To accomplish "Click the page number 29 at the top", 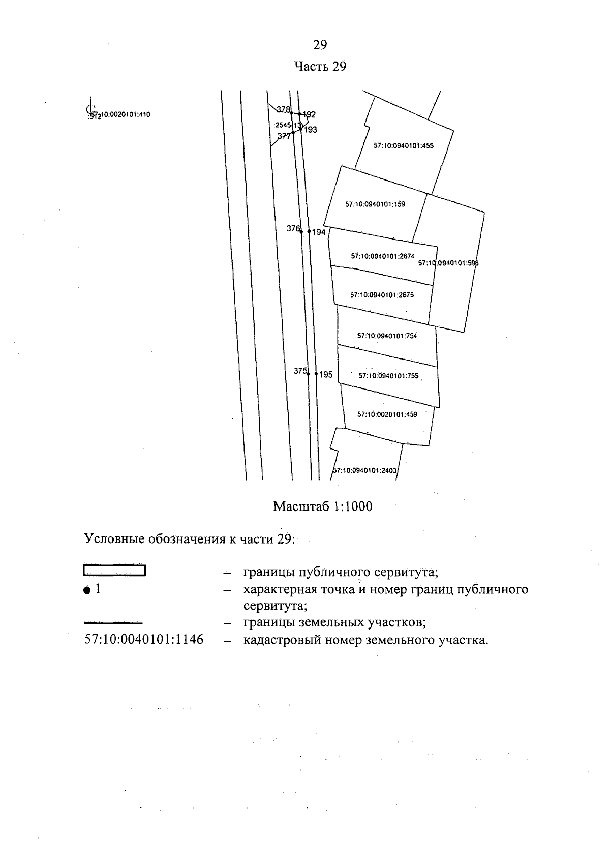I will pyautogui.click(x=320, y=45).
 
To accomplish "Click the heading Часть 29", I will pyautogui.click(x=320, y=67).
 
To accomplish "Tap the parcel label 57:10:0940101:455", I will pyautogui.click(x=404, y=145).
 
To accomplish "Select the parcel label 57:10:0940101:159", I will pyautogui.click(x=375, y=204).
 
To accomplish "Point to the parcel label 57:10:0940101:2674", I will pyautogui.click(x=383, y=256).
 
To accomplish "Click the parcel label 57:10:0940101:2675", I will pyautogui.click(x=382, y=295).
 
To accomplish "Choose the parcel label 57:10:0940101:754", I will pyautogui.click(x=387, y=336).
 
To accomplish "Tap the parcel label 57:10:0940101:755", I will pyautogui.click(x=388, y=376).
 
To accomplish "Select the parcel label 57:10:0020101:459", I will pyautogui.click(x=387, y=414).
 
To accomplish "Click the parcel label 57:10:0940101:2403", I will pyautogui.click(x=364, y=471).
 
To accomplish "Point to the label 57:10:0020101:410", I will pyautogui.click(x=120, y=115).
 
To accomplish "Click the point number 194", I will pyautogui.click(x=319, y=232).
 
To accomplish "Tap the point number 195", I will pyautogui.click(x=326, y=375).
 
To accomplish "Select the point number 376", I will pyautogui.click(x=293, y=229).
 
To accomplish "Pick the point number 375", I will pyautogui.click(x=300, y=371).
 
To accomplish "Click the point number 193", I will pyautogui.click(x=311, y=130).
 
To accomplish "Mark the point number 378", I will pyautogui.click(x=283, y=109).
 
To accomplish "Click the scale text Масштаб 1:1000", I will pyautogui.click(x=322, y=506).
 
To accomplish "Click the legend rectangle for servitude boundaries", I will pyautogui.click(x=114, y=571).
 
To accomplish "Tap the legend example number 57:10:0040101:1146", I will pyautogui.click(x=144, y=639).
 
